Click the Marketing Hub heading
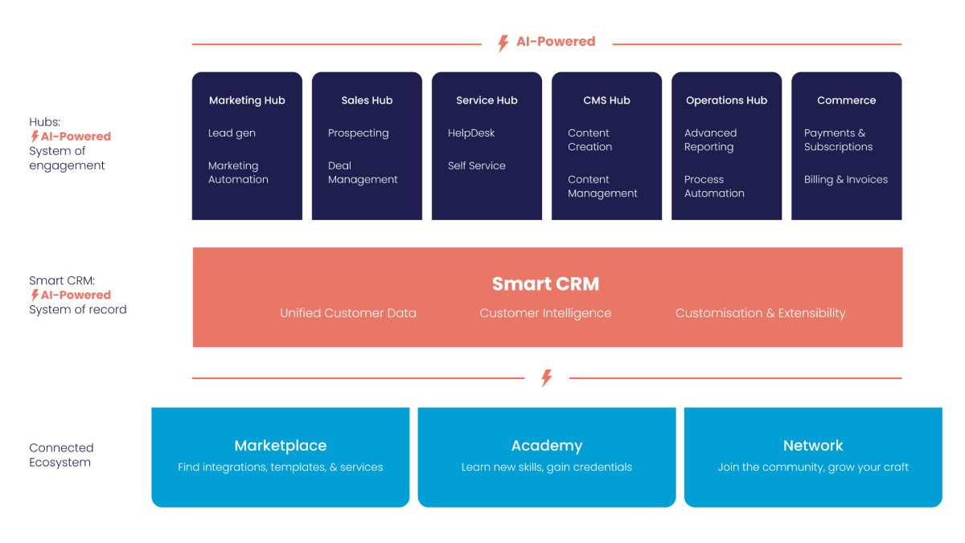(x=247, y=100)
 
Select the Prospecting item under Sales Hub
(x=358, y=133)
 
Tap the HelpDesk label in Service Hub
(x=471, y=133)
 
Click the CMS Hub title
(x=606, y=100)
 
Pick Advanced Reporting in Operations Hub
(x=710, y=140)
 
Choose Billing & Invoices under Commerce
(x=846, y=180)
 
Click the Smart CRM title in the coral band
(x=545, y=284)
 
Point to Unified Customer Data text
(x=348, y=313)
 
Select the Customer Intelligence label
(x=545, y=313)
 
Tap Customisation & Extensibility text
(x=760, y=313)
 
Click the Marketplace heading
(x=280, y=446)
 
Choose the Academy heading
(x=547, y=446)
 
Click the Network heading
(x=813, y=446)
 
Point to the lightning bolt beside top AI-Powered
(x=503, y=43)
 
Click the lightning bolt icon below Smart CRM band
(x=547, y=378)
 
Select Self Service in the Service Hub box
(x=477, y=166)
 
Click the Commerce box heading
(x=846, y=100)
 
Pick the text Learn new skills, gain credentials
(x=547, y=467)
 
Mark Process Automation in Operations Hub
(x=714, y=186)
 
